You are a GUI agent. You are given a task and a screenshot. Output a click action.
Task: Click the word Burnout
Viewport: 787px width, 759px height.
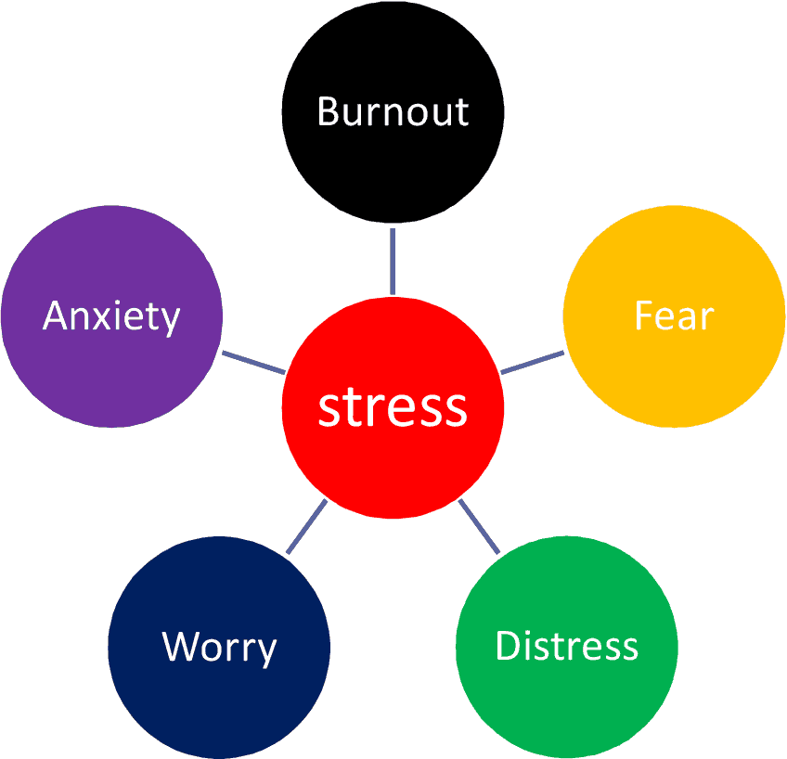pos(393,111)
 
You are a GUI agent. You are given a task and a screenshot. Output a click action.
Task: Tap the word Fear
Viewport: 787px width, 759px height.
pos(675,316)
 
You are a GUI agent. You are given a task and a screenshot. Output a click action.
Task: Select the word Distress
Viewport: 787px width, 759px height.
pos(567,646)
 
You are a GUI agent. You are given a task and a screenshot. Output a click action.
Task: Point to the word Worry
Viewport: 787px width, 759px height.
pos(219,647)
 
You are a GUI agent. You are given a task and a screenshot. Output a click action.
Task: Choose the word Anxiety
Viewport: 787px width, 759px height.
pos(111,317)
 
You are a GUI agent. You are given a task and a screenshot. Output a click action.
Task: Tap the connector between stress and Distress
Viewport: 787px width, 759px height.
pos(479,526)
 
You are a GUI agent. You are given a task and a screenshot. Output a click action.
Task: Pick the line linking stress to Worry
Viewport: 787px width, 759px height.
pos(307,526)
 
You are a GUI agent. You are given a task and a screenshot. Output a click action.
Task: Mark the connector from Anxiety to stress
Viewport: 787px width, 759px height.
pos(253,362)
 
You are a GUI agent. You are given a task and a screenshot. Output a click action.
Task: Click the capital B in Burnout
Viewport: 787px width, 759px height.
pos(328,111)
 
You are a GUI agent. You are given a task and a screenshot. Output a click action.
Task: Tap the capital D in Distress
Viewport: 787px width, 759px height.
pos(507,646)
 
